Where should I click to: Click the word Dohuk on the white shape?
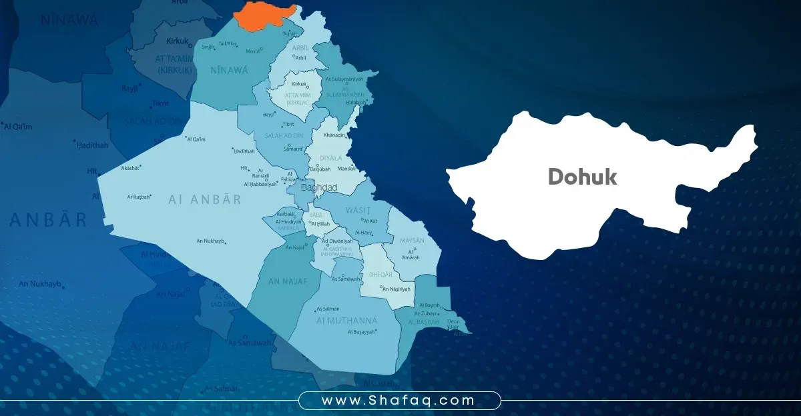582,177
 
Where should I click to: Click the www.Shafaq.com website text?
398,401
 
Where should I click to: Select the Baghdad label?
319,188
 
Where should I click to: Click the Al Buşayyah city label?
362,331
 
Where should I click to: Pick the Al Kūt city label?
370,221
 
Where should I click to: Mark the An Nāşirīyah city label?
395,289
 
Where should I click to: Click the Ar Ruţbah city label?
139,197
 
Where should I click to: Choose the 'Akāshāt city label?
131,169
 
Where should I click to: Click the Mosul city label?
253,51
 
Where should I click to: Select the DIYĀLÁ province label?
330,158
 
